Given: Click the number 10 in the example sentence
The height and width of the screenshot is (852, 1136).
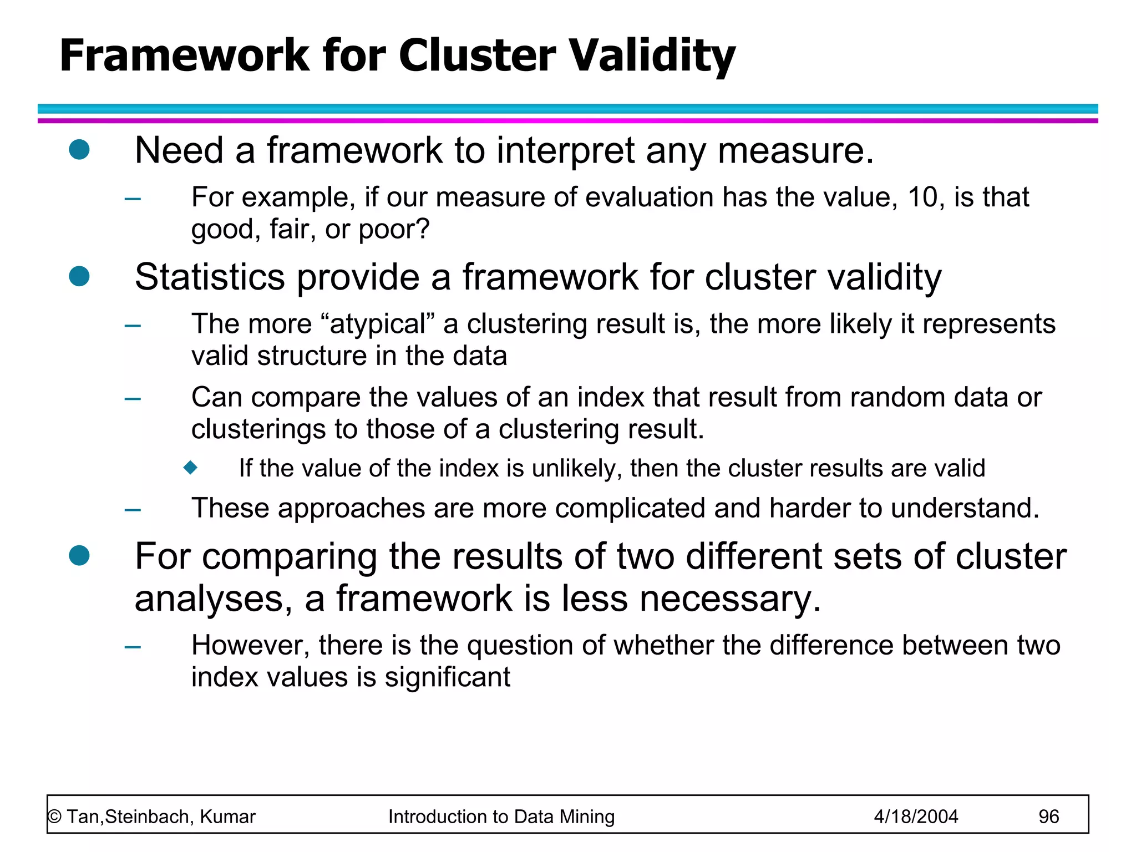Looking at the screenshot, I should click(925, 197).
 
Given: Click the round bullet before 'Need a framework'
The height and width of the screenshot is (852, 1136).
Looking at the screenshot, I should click(79, 150).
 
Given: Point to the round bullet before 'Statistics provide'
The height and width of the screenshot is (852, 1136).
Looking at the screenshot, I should click(79, 276).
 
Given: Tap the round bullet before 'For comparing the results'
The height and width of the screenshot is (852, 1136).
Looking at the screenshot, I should click(79, 555).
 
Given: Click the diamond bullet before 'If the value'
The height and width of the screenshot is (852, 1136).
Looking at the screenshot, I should click(191, 468).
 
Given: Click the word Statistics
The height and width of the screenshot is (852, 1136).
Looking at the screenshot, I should click(210, 277).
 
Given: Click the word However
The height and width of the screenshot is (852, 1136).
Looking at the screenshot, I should click(251, 646).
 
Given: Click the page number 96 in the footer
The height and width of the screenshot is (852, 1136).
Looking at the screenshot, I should click(1048, 816).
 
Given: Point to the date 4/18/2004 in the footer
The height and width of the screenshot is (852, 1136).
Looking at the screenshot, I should click(916, 816).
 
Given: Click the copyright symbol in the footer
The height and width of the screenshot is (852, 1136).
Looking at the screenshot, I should click(54, 817).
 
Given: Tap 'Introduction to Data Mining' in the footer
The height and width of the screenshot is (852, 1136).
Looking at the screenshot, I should click(501, 816).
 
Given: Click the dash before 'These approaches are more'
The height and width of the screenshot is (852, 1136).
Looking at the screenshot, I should click(133, 509).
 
